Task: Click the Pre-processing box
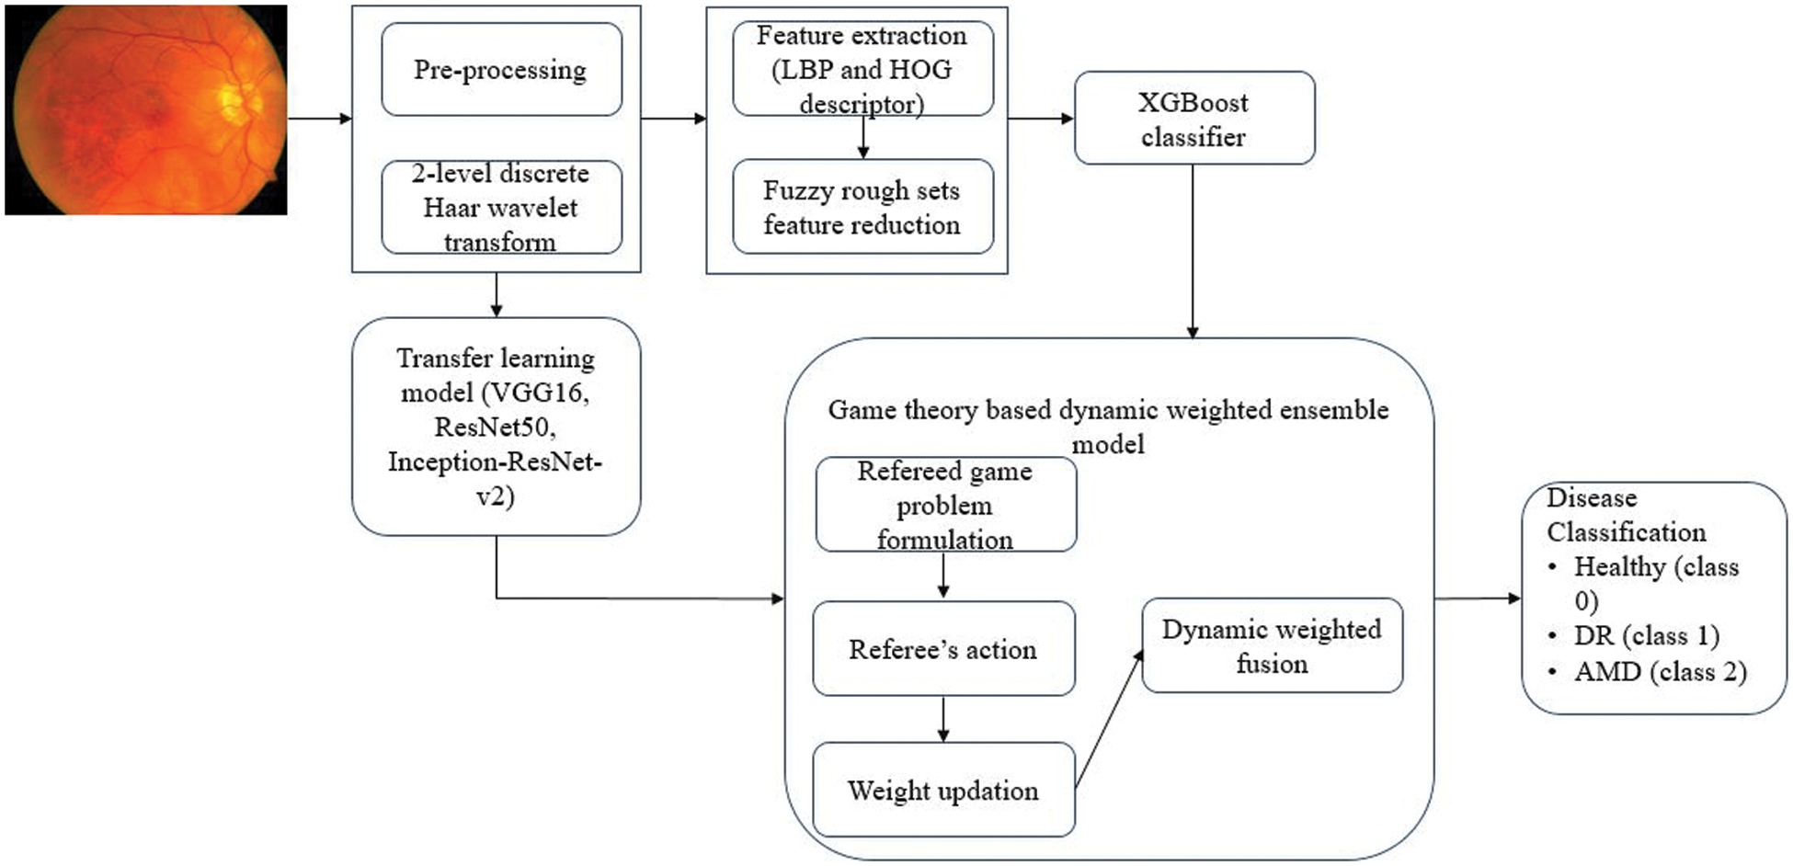coord(501,70)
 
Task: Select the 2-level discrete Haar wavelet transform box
coord(501,208)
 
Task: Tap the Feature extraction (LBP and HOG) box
coord(862,70)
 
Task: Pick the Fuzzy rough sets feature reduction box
coord(862,208)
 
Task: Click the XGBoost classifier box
coord(1193,119)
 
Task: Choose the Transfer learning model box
coord(496,427)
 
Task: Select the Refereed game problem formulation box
coord(945,505)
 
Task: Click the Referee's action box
coord(943,649)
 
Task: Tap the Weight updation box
coord(943,791)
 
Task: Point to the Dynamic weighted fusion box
coord(1272,646)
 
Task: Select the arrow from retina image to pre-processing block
coord(320,119)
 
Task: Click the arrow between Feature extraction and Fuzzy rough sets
coord(862,137)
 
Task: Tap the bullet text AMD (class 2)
coord(1660,672)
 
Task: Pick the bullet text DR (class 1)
coord(1646,636)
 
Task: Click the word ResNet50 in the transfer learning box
coord(495,427)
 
